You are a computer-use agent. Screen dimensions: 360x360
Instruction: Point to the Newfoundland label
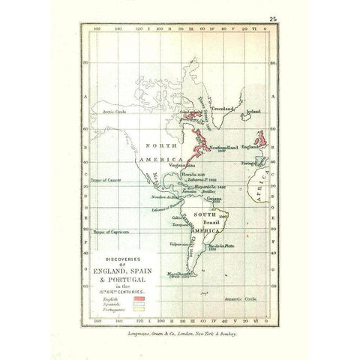click(x=226, y=146)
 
